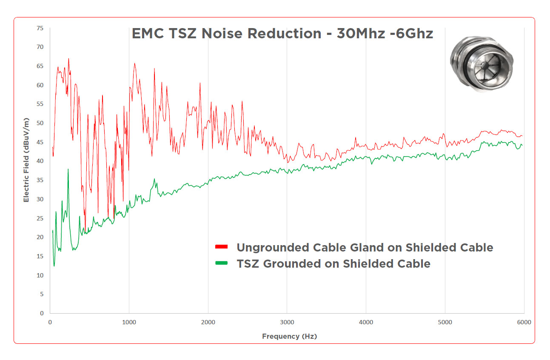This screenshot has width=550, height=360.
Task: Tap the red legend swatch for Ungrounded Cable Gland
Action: (x=222, y=247)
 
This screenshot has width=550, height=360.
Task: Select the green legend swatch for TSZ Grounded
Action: (x=222, y=263)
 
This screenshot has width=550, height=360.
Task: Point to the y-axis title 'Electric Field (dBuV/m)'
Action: (x=26, y=160)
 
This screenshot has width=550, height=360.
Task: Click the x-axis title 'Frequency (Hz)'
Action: (x=289, y=336)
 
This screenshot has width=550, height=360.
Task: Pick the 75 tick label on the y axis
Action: (x=40, y=28)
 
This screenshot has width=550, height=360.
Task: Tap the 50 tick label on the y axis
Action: (x=40, y=123)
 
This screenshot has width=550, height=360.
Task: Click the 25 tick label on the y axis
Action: (x=40, y=218)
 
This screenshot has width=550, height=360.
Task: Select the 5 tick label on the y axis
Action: (x=41, y=294)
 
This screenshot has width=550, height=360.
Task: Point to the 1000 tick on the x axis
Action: (x=129, y=323)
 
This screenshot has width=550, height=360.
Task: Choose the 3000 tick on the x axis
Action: (x=287, y=323)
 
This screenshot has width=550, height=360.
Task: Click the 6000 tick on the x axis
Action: (x=524, y=323)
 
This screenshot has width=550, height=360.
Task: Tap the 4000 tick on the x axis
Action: (x=366, y=323)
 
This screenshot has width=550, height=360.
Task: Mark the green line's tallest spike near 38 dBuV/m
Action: (x=68, y=169)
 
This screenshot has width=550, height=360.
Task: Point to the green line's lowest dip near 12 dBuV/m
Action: (x=54, y=266)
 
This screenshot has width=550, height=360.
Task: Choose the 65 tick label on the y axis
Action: (x=40, y=66)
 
